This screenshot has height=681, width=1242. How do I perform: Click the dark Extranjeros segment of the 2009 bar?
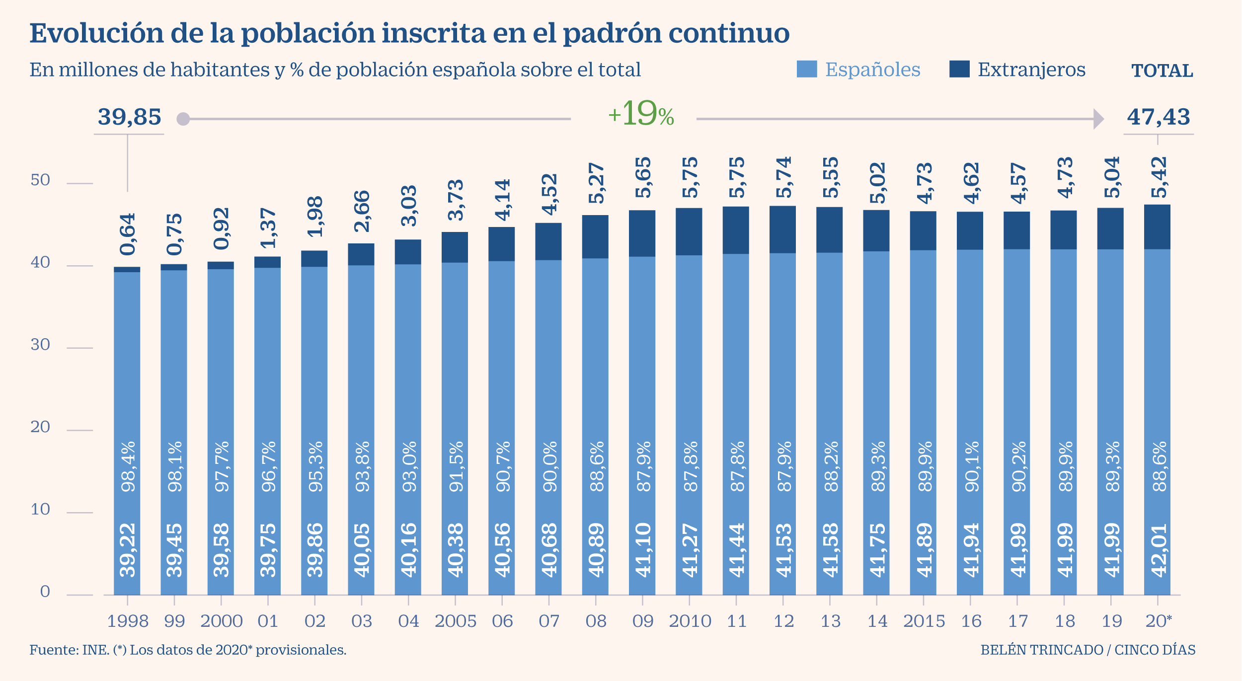(x=642, y=233)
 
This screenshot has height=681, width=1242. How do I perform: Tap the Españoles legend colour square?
(x=807, y=69)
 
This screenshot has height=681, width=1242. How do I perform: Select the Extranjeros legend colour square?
(x=959, y=69)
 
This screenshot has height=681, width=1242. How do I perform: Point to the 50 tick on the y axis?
(x=40, y=180)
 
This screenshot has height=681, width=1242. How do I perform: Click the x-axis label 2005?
(x=455, y=621)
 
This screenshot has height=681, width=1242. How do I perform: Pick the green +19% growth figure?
(x=641, y=114)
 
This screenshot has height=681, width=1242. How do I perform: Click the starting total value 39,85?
(x=129, y=117)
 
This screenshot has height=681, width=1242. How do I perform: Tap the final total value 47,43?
(x=1159, y=117)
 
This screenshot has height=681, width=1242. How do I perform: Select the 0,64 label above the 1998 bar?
(x=128, y=234)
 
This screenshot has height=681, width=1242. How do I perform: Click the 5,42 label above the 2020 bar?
(x=1159, y=177)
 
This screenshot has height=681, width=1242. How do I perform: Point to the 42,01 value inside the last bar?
(x=1159, y=550)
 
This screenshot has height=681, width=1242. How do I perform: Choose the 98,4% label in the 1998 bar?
(x=128, y=466)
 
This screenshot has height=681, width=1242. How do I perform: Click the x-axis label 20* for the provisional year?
(x=1159, y=621)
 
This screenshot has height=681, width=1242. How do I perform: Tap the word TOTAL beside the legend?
(x=1162, y=71)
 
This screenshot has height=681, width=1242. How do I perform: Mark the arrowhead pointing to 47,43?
(x=1098, y=119)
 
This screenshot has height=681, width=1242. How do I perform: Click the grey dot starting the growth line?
(x=183, y=119)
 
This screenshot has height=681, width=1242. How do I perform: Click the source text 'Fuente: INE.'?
(x=69, y=650)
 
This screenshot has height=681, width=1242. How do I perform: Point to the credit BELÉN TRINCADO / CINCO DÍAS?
(x=1088, y=650)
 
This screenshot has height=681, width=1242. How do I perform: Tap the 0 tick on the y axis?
(x=45, y=592)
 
